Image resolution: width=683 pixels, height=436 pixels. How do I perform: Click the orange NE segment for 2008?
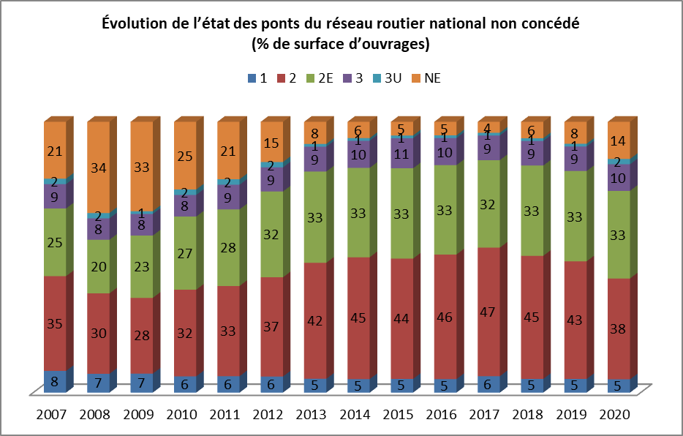coord(98,167)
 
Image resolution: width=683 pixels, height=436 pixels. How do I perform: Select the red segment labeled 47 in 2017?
coord(488,311)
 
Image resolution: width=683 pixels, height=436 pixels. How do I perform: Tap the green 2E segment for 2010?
coord(184,252)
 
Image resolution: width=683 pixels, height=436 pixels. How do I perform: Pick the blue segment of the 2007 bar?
coord(55,381)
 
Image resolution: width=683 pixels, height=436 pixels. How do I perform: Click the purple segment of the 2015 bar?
coord(401,154)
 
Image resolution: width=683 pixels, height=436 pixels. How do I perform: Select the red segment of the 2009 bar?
coord(141,335)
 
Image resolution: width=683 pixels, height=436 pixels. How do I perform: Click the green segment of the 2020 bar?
coord(618,235)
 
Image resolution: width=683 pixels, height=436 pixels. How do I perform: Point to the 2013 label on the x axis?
coord(314,415)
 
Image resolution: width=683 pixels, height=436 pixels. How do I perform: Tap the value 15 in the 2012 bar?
coord(271,144)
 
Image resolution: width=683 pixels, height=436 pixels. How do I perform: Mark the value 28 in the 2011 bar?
coord(227,248)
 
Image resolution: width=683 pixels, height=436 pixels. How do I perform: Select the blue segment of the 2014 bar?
coord(358,385)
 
